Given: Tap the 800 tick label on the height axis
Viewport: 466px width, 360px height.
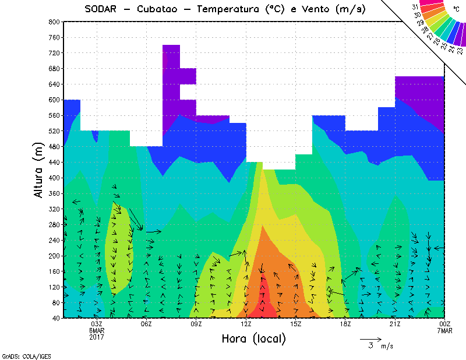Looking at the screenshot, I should [53, 22].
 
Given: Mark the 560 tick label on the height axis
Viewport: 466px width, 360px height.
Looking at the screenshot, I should [53, 115].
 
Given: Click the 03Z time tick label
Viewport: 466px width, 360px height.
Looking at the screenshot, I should [97, 324].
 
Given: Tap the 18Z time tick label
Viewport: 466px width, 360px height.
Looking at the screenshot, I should [345, 324].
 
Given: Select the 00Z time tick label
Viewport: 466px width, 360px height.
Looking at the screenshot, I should [445, 324].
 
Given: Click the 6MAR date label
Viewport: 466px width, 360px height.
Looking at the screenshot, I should [97, 331].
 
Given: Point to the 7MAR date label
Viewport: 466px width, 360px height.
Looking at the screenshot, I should [445, 331].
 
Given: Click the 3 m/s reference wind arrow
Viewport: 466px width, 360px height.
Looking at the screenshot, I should [370, 338].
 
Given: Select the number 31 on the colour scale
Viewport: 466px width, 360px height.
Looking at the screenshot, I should [415, 7].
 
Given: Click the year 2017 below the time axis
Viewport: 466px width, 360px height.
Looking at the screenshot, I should [97, 337].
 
